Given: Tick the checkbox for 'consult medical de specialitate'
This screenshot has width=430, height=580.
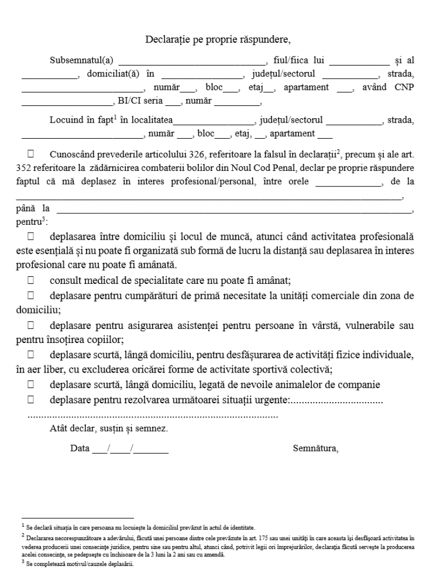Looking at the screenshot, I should pos(31,281).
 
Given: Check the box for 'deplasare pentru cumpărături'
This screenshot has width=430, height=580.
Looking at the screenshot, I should pos(31,296).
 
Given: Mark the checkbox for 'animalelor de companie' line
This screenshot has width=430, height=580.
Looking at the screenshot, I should pos(31,385).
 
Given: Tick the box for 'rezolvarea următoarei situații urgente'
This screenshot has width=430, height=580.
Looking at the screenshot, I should pos(31,400).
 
